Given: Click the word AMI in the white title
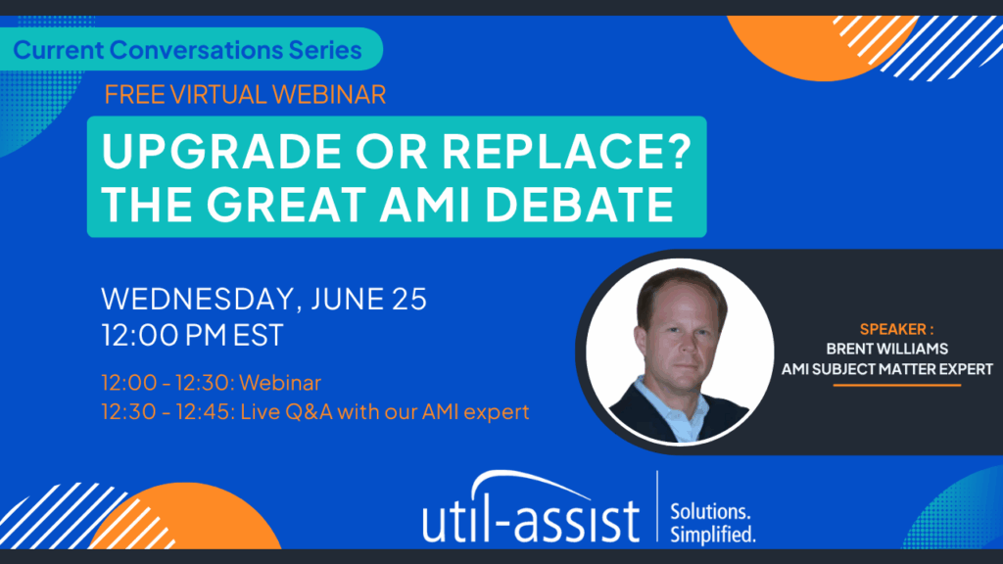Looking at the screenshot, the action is coord(415,204).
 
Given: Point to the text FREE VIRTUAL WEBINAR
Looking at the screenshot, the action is coord(245,95).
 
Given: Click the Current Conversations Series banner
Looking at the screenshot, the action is coord(190,49).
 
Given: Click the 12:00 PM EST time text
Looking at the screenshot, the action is coord(192,335).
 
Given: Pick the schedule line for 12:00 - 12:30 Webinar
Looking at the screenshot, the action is coord(212,383).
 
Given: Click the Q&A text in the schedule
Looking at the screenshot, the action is coord(309,411).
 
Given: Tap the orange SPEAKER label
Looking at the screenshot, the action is coord(896,329).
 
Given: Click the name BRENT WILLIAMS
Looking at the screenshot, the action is coord(887,350).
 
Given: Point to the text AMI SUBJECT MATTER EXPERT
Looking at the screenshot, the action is coord(887,369).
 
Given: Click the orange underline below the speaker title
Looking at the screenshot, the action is coord(897,385).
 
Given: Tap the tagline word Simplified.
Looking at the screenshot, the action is coord(713,535).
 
